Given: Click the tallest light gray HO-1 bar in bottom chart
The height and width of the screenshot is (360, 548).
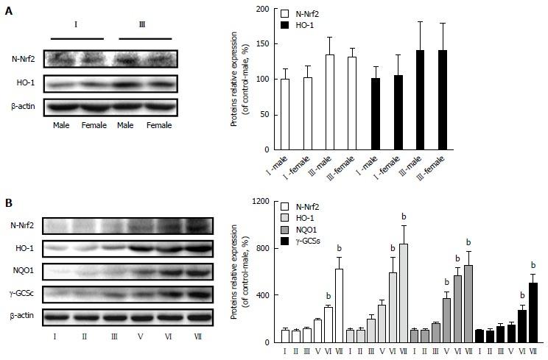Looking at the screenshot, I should [x=403, y=293].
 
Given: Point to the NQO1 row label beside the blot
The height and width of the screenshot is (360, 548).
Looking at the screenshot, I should [x=21, y=273].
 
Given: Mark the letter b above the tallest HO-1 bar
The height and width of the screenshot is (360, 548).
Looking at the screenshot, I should [x=404, y=216].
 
